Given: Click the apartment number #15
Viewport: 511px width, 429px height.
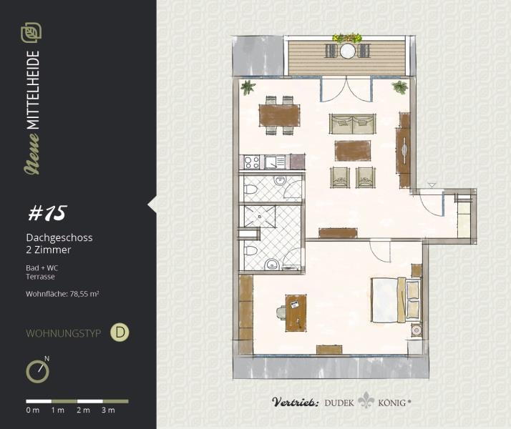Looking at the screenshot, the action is click(x=47, y=213).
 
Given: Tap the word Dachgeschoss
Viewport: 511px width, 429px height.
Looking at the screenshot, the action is click(x=59, y=237).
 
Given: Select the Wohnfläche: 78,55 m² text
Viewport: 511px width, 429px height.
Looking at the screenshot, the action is click(x=62, y=294).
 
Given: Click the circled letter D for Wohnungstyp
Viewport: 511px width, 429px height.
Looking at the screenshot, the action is click(x=120, y=332).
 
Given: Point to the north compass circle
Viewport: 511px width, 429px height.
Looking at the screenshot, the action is click(x=37, y=371).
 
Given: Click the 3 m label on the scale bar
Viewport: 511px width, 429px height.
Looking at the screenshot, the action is click(x=109, y=410).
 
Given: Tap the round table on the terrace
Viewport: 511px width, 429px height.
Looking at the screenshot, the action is click(x=348, y=51).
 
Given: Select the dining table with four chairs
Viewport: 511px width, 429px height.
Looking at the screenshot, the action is click(x=279, y=115).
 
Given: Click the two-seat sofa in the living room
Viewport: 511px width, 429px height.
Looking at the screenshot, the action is click(x=352, y=124).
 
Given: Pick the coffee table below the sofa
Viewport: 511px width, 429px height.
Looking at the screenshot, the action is click(x=353, y=150).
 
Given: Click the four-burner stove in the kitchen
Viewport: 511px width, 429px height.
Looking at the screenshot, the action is click(x=252, y=162).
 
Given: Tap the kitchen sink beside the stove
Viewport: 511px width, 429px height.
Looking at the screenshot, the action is click(x=275, y=162).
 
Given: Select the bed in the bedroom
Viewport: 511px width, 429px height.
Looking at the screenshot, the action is click(x=396, y=300).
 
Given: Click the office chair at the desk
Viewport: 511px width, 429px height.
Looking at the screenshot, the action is click(x=281, y=312).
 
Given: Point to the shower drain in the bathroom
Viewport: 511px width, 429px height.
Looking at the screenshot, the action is click(x=260, y=216).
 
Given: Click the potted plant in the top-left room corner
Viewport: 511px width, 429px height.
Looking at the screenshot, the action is click(x=248, y=87).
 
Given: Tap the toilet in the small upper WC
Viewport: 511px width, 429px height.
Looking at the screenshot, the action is click(x=250, y=189).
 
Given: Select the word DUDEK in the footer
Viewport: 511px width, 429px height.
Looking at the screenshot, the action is click(x=339, y=403).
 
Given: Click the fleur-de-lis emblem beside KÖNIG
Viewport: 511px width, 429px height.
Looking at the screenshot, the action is click(x=366, y=400).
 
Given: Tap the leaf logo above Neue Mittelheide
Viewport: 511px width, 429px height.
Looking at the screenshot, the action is click(x=31, y=33).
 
